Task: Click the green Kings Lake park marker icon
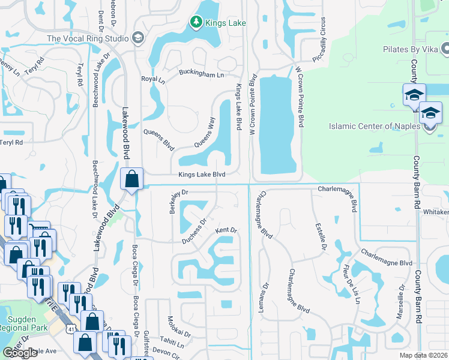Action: coord(196,23)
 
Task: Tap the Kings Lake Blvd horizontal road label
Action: coord(201,175)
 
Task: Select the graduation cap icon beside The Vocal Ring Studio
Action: coord(137,38)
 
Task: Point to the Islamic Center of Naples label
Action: coord(376,126)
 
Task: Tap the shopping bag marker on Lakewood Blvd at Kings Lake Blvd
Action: coord(131,179)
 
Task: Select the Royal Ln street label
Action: coord(152,79)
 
